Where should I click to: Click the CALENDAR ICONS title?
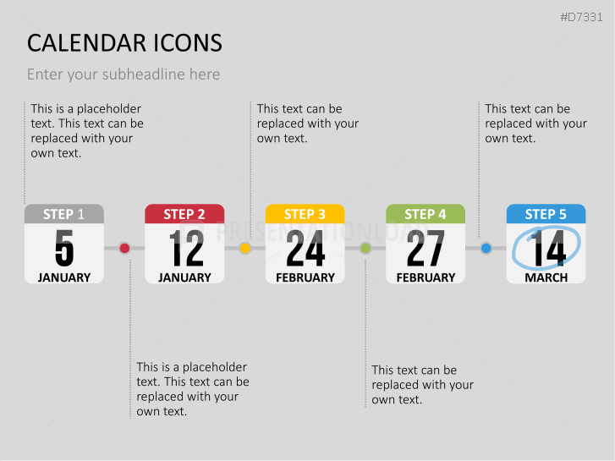(124, 43)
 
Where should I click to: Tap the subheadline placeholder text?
(124, 74)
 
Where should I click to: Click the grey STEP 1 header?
(64, 214)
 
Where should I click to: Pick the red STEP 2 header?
(184, 214)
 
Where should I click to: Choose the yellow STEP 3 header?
(305, 214)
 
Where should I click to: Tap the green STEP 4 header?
(426, 214)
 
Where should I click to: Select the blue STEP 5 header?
(546, 214)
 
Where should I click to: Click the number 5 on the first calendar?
(64, 248)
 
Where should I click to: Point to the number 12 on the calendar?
(185, 248)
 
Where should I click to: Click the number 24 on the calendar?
(305, 248)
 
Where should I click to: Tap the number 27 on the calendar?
(426, 248)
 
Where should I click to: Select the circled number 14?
(548, 248)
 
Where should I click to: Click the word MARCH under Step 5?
(546, 277)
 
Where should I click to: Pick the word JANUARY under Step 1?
(64, 277)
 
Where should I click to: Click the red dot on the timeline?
(124, 248)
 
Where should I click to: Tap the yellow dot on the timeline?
(245, 248)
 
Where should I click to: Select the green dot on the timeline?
(365, 248)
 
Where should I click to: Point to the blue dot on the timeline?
(486, 248)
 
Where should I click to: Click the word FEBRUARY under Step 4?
(426, 277)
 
